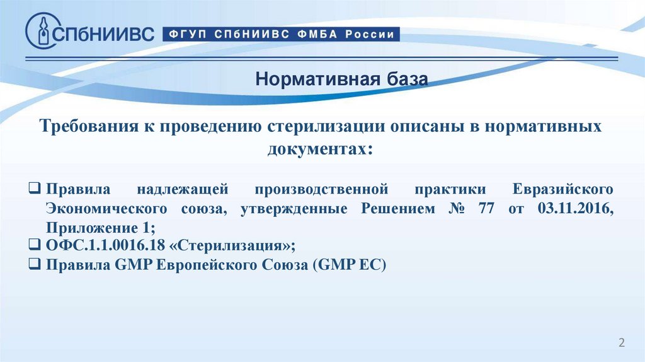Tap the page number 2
(622, 342)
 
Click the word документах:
(321, 149)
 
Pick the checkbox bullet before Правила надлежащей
(35, 188)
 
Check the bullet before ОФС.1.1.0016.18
(35, 244)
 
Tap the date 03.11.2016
(576, 208)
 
